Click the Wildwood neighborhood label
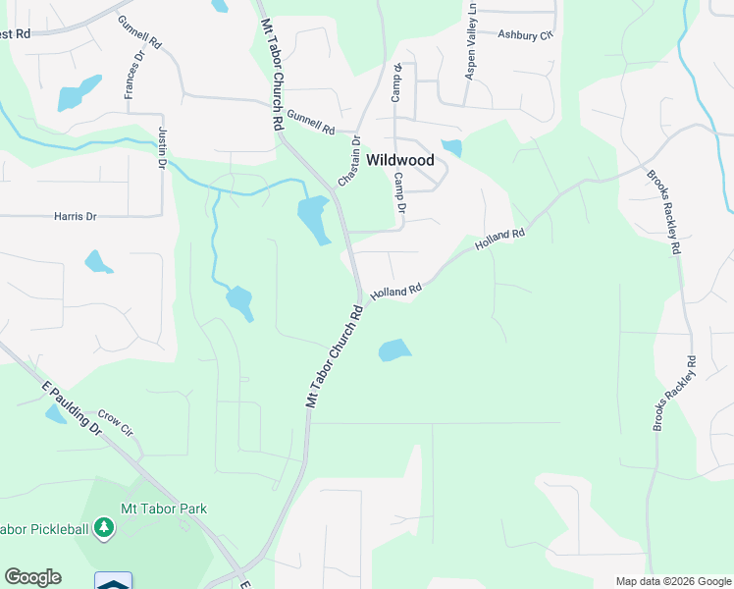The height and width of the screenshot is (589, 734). (x=399, y=160)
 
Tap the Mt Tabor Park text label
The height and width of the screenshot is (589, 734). (x=163, y=509)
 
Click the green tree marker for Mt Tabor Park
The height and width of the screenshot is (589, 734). (x=104, y=529)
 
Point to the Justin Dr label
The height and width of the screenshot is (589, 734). (x=161, y=147)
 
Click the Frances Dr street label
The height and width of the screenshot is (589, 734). (x=134, y=76)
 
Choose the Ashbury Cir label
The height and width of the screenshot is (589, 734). (x=525, y=35)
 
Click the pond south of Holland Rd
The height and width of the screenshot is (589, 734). (x=393, y=349)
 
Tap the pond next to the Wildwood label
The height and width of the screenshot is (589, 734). (x=451, y=148)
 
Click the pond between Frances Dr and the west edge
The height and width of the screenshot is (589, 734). (x=79, y=92)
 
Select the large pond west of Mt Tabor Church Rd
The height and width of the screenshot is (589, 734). (x=314, y=219)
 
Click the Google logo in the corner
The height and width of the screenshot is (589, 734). (x=32, y=577)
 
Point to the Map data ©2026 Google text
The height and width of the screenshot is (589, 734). (x=673, y=581)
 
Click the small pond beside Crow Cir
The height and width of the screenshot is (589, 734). (x=55, y=413)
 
